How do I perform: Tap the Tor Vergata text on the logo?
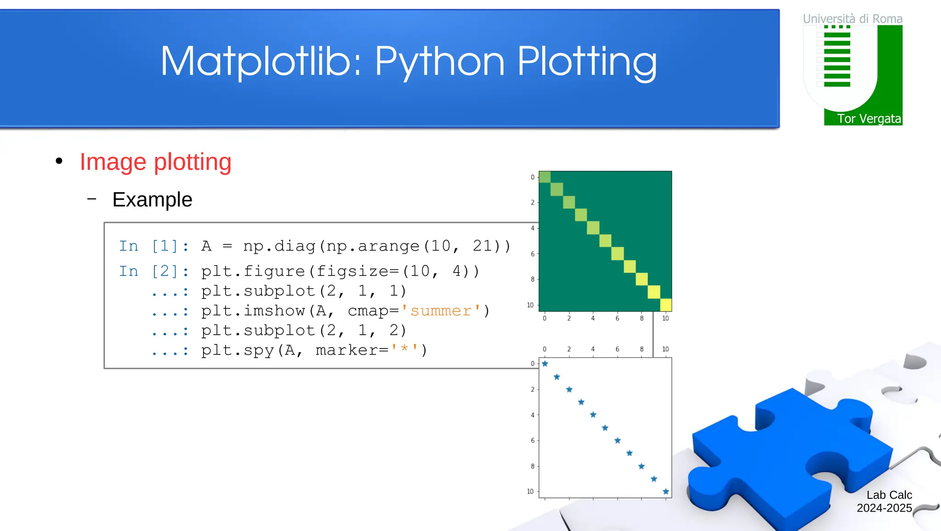click(868, 119)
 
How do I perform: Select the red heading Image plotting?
click(155, 162)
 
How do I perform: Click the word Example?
click(152, 200)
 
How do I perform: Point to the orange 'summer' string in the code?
click(441, 311)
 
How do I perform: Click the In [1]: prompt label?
click(153, 246)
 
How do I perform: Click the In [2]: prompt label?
click(153, 272)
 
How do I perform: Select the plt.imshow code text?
click(253, 311)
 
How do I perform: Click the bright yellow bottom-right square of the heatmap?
click(666, 305)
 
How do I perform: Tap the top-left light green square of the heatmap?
click(545, 177)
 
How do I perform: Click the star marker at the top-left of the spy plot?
click(545, 364)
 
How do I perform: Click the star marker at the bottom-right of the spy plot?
click(666, 491)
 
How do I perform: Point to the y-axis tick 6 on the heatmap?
click(533, 254)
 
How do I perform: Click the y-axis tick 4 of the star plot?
click(533, 415)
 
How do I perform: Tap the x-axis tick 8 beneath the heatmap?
click(641, 318)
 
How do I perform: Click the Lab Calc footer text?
click(889, 495)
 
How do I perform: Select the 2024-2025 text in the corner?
click(884, 508)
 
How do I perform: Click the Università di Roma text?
click(852, 19)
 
